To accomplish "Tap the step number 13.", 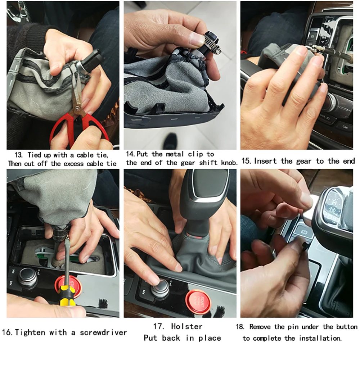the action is click(x=18, y=155).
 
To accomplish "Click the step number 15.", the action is click(x=246, y=161).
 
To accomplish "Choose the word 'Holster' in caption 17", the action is click(x=186, y=326).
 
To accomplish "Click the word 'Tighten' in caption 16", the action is click(x=30, y=332).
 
